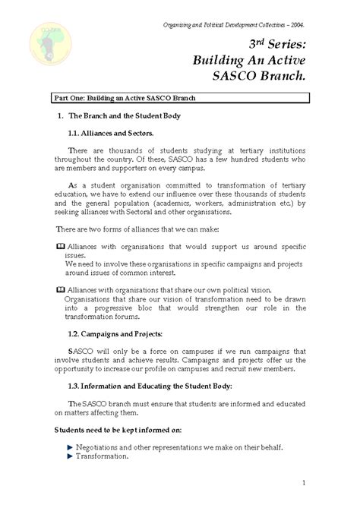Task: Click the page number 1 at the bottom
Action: coord(303,483)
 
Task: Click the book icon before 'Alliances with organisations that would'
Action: coord(61,247)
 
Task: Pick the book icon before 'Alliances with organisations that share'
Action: coord(61,290)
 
